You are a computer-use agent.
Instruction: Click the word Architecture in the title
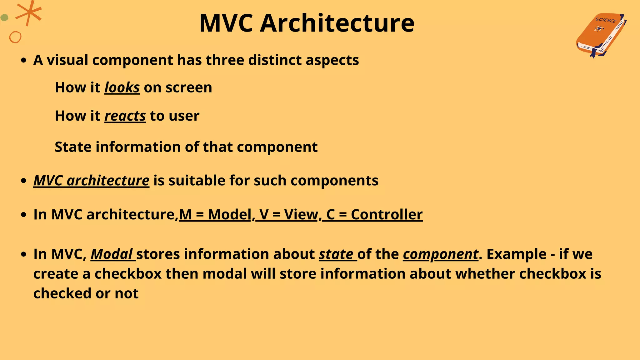pyautogui.click(x=337, y=23)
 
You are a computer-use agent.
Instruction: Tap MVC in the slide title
pyautogui.click(x=226, y=23)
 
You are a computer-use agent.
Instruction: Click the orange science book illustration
pyautogui.click(x=600, y=35)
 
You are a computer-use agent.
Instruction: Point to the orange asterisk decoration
pyautogui.click(x=29, y=13)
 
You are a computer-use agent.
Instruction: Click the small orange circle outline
pyautogui.click(x=15, y=37)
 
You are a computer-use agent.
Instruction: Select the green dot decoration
pyautogui.click(x=4, y=17)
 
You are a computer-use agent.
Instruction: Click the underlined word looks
pyautogui.click(x=122, y=87)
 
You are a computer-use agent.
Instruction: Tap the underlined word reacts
pyautogui.click(x=125, y=116)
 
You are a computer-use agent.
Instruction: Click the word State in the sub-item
pyautogui.click(x=73, y=147)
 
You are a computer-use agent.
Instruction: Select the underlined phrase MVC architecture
pyautogui.click(x=91, y=181)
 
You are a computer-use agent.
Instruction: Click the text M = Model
pyautogui.click(x=215, y=215)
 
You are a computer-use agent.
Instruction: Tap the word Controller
pyautogui.click(x=387, y=215)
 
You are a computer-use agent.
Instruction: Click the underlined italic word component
pyautogui.click(x=440, y=254)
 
